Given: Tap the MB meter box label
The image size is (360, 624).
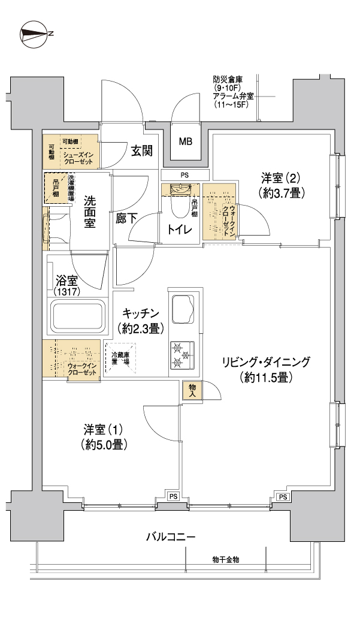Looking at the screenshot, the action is pyautogui.click(x=185, y=141).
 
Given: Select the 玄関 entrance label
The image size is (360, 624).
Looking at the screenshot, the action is pyautogui.click(x=142, y=151).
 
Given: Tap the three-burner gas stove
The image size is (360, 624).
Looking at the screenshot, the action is pyautogui.click(x=181, y=355).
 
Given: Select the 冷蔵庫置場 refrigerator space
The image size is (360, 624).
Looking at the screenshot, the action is pyautogui.click(x=120, y=358).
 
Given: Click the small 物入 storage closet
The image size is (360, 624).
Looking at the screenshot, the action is pyautogui.click(x=192, y=390).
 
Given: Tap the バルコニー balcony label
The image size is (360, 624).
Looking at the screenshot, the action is pyautogui.click(x=171, y=537).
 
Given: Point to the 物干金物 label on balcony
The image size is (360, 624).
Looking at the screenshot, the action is pyautogui.click(x=226, y=559).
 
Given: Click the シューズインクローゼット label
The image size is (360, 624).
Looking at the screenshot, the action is pyautogui.click(x=77, y=158).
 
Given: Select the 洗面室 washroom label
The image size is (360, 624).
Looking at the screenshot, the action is pyautogui.click(x=89, y=212).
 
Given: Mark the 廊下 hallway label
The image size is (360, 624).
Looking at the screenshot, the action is pyautogui.click(x=126, y=218).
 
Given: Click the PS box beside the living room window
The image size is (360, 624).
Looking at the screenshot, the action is pyautogui.click(x=283, y=497).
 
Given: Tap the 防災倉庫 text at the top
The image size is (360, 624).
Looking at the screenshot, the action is pyautogui.click(x=228, y=79).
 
